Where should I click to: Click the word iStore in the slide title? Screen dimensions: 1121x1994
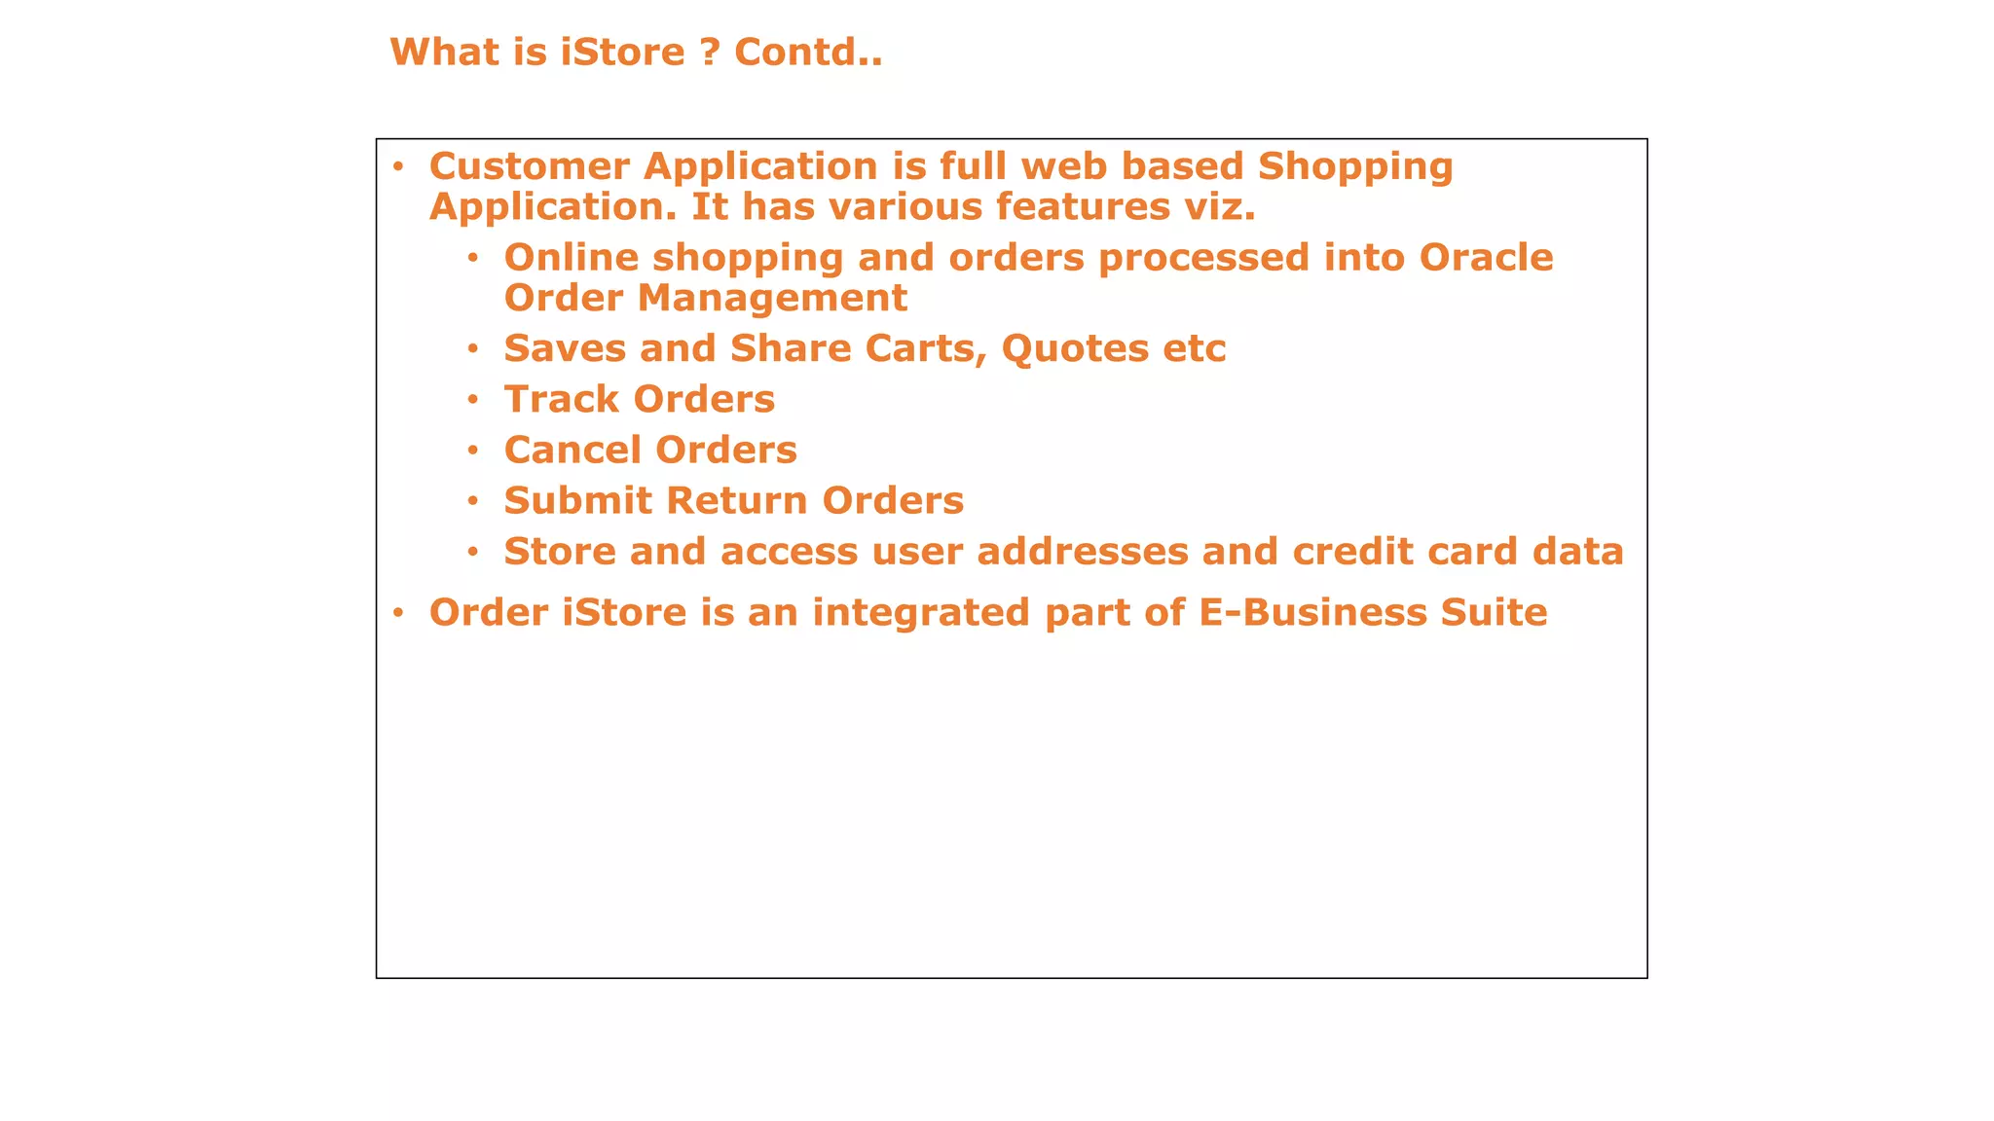pos(623,52)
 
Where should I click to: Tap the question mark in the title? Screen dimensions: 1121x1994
pos(710,52)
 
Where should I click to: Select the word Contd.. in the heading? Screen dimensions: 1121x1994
pos(808,52)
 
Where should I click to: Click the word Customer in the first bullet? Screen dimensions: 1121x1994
pos(529,166)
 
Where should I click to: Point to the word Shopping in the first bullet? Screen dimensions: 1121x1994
pos(1355,168)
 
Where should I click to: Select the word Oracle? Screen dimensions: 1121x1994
pos(1486,258)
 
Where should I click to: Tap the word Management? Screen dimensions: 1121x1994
pos(772,298)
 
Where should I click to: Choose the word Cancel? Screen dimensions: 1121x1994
pos(572,450)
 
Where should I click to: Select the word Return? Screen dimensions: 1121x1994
pos(737,500)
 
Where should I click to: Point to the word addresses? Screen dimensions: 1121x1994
pos(1082,551)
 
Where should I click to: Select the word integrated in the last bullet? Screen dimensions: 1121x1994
pos(921,614)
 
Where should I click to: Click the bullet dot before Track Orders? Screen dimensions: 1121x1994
pos(473,399)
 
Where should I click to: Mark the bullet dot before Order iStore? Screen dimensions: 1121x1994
pos(397,612)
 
